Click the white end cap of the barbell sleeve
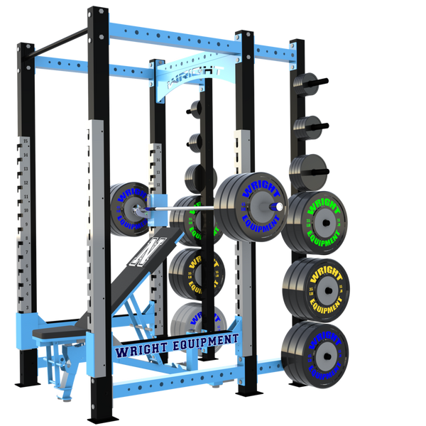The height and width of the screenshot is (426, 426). (x=279, y=206)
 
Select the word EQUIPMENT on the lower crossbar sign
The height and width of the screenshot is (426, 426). (x=206, y=342)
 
